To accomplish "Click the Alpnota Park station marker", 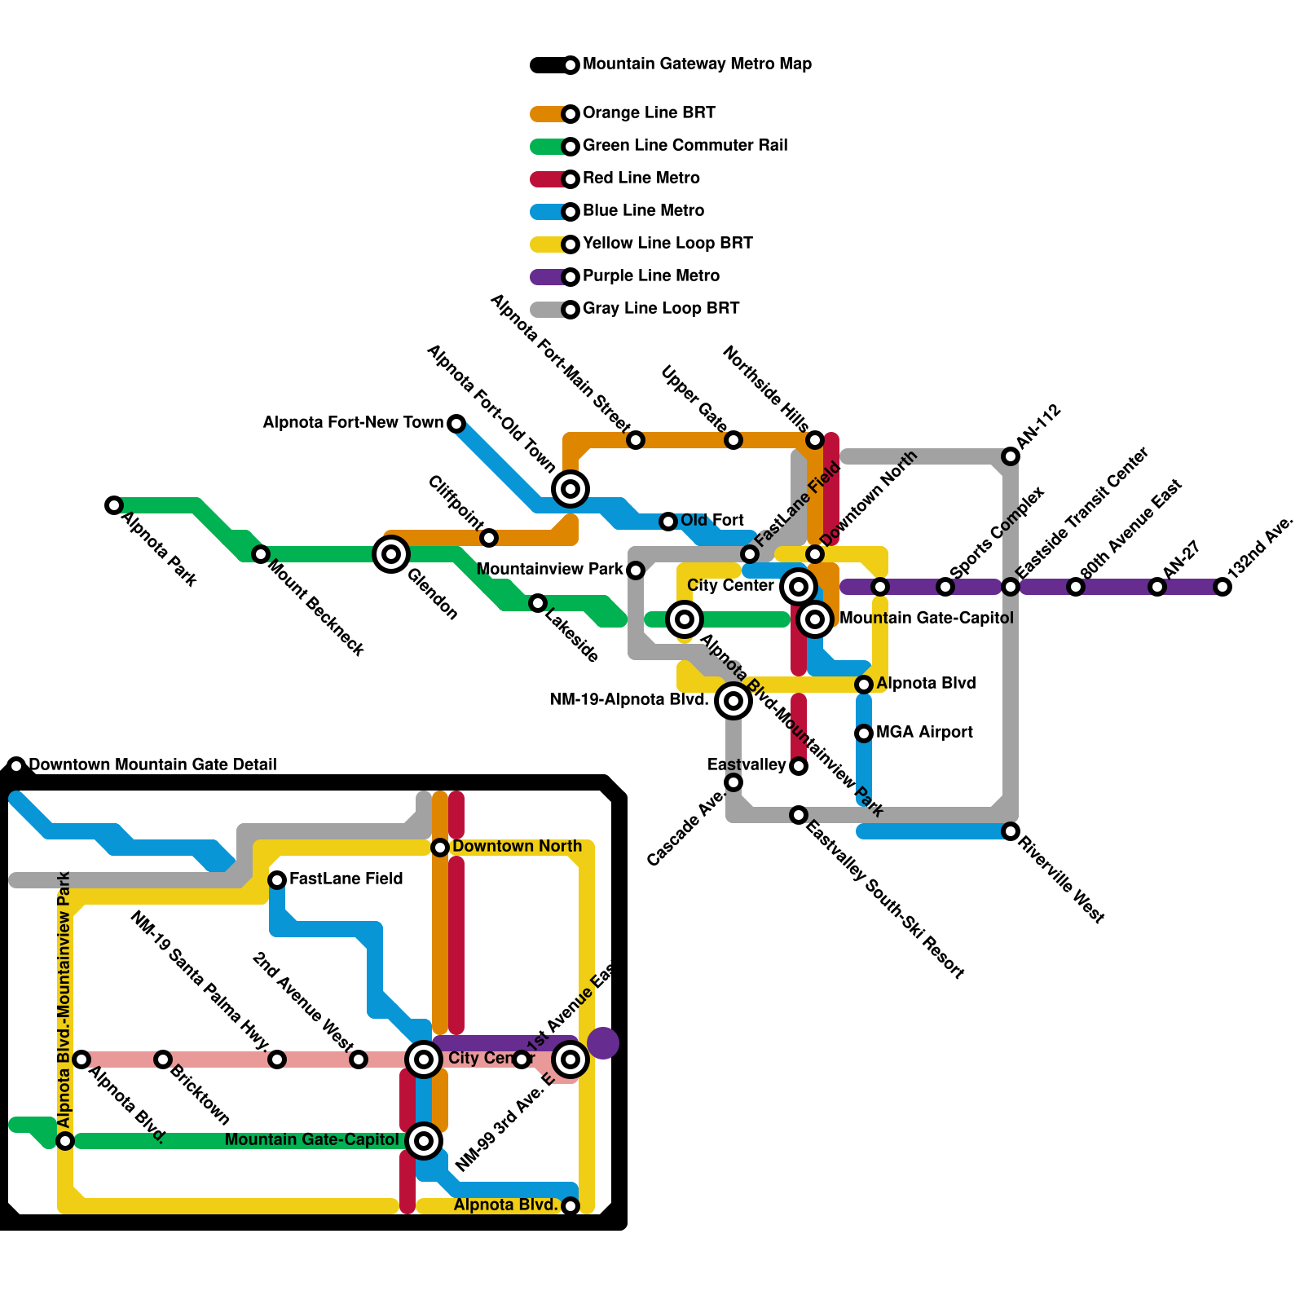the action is click(x=114, y=505).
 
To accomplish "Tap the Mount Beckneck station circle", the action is click(x=261, y=554).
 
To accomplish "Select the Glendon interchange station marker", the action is click(x=391, y=554).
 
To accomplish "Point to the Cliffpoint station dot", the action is click(x=489, y=538).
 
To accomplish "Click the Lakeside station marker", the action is click(x=538, y=603).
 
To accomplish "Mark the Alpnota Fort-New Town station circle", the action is click(x=456, y=424).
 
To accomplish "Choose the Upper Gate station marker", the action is click(x=733, y=440).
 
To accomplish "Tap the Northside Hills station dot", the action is click(x=815, y=440).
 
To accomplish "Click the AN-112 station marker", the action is click(x=1011, y=456).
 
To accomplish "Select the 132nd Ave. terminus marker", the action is click(x=1222, y=587).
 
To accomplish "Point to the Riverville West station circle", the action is click(x=1011, y=831).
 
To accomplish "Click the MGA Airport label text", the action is click(x=924, y=732).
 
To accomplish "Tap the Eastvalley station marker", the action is click(x=799, y=766).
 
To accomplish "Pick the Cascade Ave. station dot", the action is click(x=733, y=782).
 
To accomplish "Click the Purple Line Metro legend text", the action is click(x=650, y=275).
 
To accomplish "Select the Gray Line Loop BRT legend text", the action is click(x=660, y=308).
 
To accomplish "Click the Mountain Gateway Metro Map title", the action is click(x=697, y=64).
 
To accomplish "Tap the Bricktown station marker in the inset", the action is click(x=163, y=1059).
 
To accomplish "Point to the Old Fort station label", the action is click(x=711, y=520).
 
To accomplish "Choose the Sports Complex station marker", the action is click(x=945, y=587).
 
